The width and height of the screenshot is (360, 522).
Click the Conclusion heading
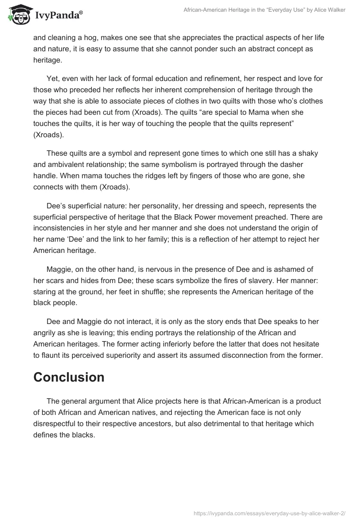coord(69,377)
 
